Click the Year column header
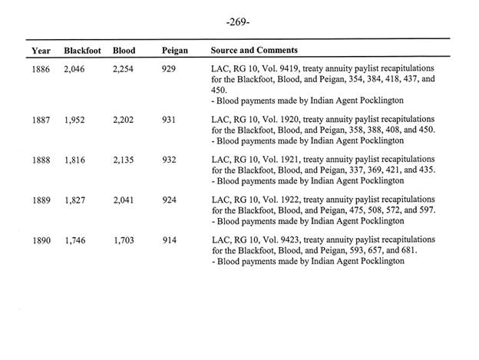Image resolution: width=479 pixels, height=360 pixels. tap(41, 51)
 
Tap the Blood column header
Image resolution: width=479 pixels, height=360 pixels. tap(124, 51)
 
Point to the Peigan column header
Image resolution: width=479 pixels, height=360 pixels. tap(174, 51)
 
